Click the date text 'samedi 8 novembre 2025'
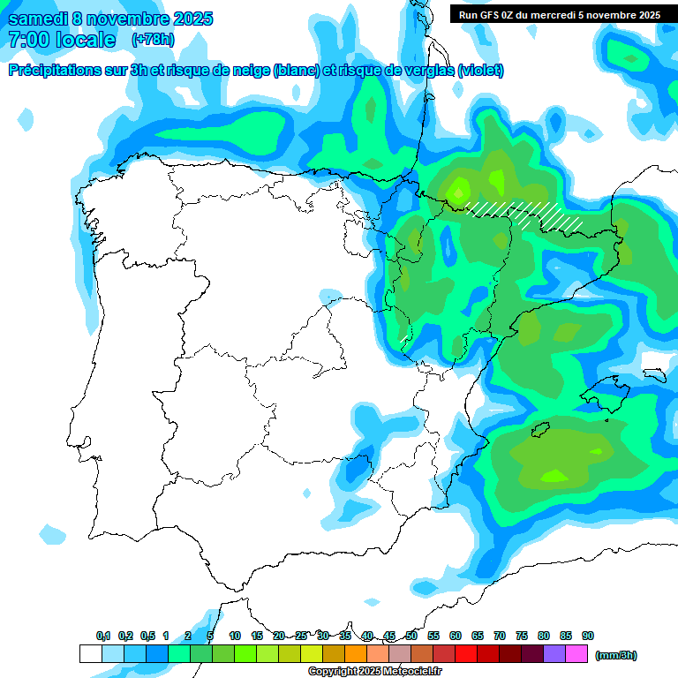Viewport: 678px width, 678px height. click(x=110, y=19)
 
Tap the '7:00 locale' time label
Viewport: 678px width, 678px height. click(x=62, y=40)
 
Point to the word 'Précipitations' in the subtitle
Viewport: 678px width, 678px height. click(x=53, y=71)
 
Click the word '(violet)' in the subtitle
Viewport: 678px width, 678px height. click(x=481, y=71)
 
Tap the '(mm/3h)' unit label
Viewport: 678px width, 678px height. click(x=616, y=655)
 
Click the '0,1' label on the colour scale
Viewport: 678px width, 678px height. click(x=103, y=637)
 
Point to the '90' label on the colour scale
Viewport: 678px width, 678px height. click(x=588, y=637)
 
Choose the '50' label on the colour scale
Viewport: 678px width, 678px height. click(x=411, y=637)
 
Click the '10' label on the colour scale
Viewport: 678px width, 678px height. click(x=235, y=637)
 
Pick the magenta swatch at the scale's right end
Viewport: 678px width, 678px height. click(x=576, y=654)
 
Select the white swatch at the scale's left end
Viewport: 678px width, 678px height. click(x=90, y=654)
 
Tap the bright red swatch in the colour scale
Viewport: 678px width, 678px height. click(x=466, y=654)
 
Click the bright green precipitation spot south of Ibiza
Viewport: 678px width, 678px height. click(x=554, y=477)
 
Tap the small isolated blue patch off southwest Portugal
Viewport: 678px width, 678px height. click(x=52, y=535)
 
